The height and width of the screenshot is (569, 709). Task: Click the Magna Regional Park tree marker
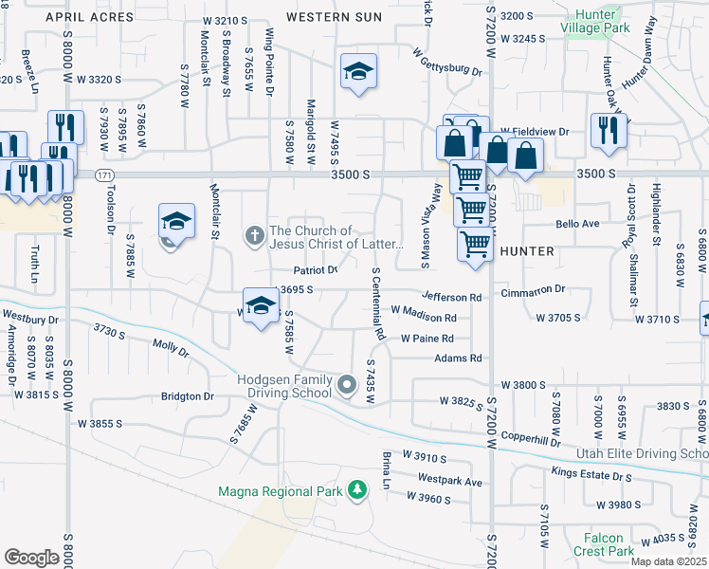tap(357, 490)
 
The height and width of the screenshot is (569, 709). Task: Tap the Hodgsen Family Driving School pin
tap(347, 385)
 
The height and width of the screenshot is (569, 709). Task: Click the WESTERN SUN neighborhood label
tap(334, 17)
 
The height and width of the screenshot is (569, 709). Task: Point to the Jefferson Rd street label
tap(452, 297)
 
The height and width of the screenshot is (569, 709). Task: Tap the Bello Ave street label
tap(578, 225)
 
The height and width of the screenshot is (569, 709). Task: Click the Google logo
tap(31, 557)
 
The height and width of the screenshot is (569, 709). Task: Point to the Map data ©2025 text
tap(668, 561)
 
